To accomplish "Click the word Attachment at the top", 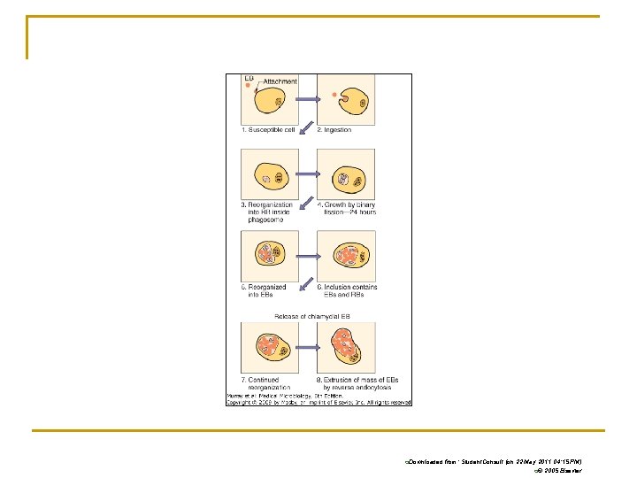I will coord(280,81).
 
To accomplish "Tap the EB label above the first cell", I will coord(249,79).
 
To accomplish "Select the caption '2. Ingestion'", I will coord(335,130).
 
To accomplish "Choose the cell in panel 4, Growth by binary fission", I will coord(346,173).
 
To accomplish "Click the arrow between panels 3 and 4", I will coord(307,173).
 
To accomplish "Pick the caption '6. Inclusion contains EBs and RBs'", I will coord(347,290).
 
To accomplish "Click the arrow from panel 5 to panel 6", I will coord(307,256).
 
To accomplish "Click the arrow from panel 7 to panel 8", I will coord(307,347).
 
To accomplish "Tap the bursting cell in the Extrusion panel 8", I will coord(346,346).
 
